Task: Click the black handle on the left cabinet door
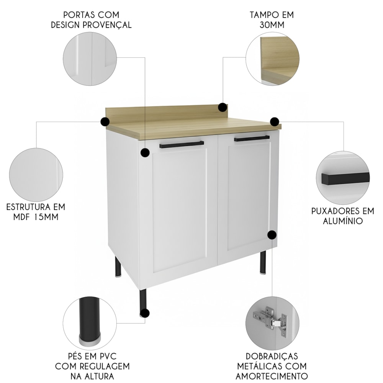coord(182,144)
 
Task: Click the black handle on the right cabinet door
coord(252,138)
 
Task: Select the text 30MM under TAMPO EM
coord(272,25)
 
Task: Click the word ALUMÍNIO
coord(343,221)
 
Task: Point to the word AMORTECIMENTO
coord(272,376)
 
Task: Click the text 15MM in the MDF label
coord(46,217)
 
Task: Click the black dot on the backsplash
coord(223,107)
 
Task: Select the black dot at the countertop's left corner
coord(105,121)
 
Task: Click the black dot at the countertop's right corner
coord(275,121)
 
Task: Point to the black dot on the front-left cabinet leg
coord(145,313)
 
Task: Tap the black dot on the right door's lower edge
coord(272,235)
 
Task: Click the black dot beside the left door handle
coord(145,152)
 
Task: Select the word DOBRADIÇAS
coord(272,356)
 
